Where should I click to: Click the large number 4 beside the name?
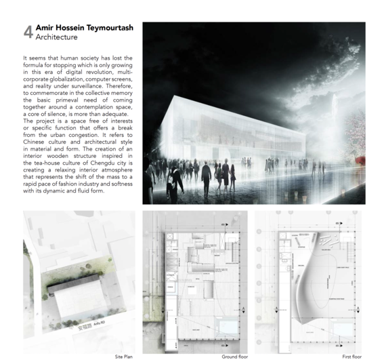click(28, 32)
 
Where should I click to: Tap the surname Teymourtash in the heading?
click(108, 28)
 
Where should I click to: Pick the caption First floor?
click(352, 356)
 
